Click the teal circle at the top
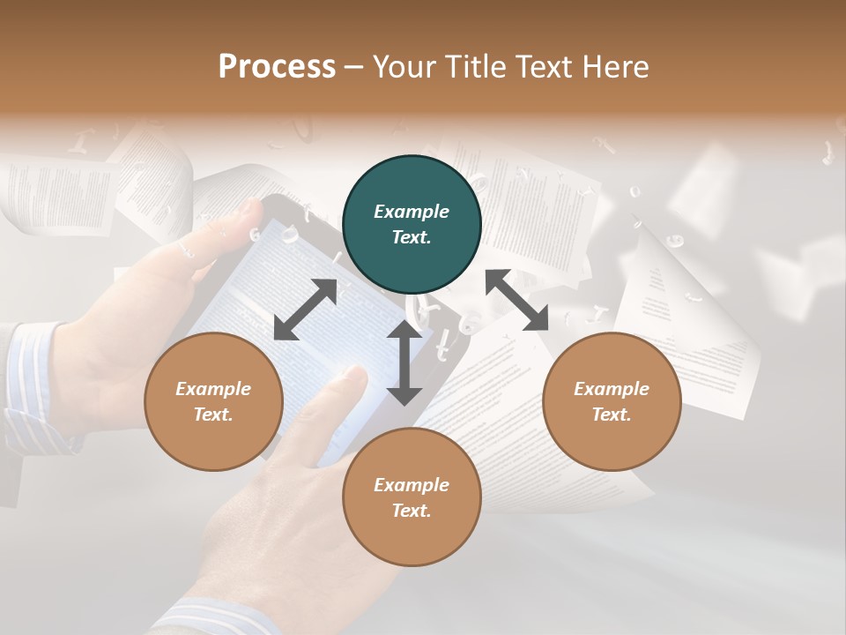tap(412, 225)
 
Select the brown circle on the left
tap(213, 402)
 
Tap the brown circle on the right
tap(612, 402)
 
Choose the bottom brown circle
tap(412, 497)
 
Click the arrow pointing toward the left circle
tap(305, 310)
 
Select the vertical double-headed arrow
tap(404, 362)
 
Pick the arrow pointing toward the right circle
tap(517, 300)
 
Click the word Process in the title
tap(277, 67)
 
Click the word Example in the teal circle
tap(412, 212)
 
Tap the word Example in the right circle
tap(612, 389)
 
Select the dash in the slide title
tap(354, 67)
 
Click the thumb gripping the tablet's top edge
tap(247, 212)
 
